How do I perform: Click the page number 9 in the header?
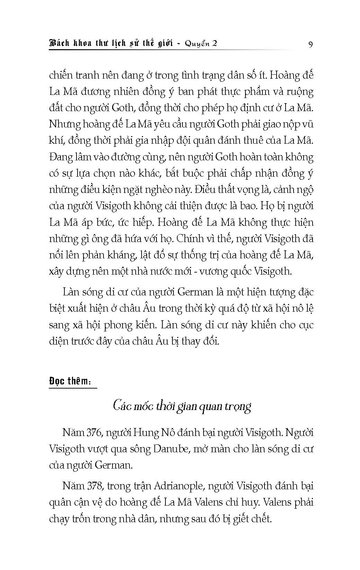tap(310, 45)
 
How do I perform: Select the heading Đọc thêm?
tap(70, 381)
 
